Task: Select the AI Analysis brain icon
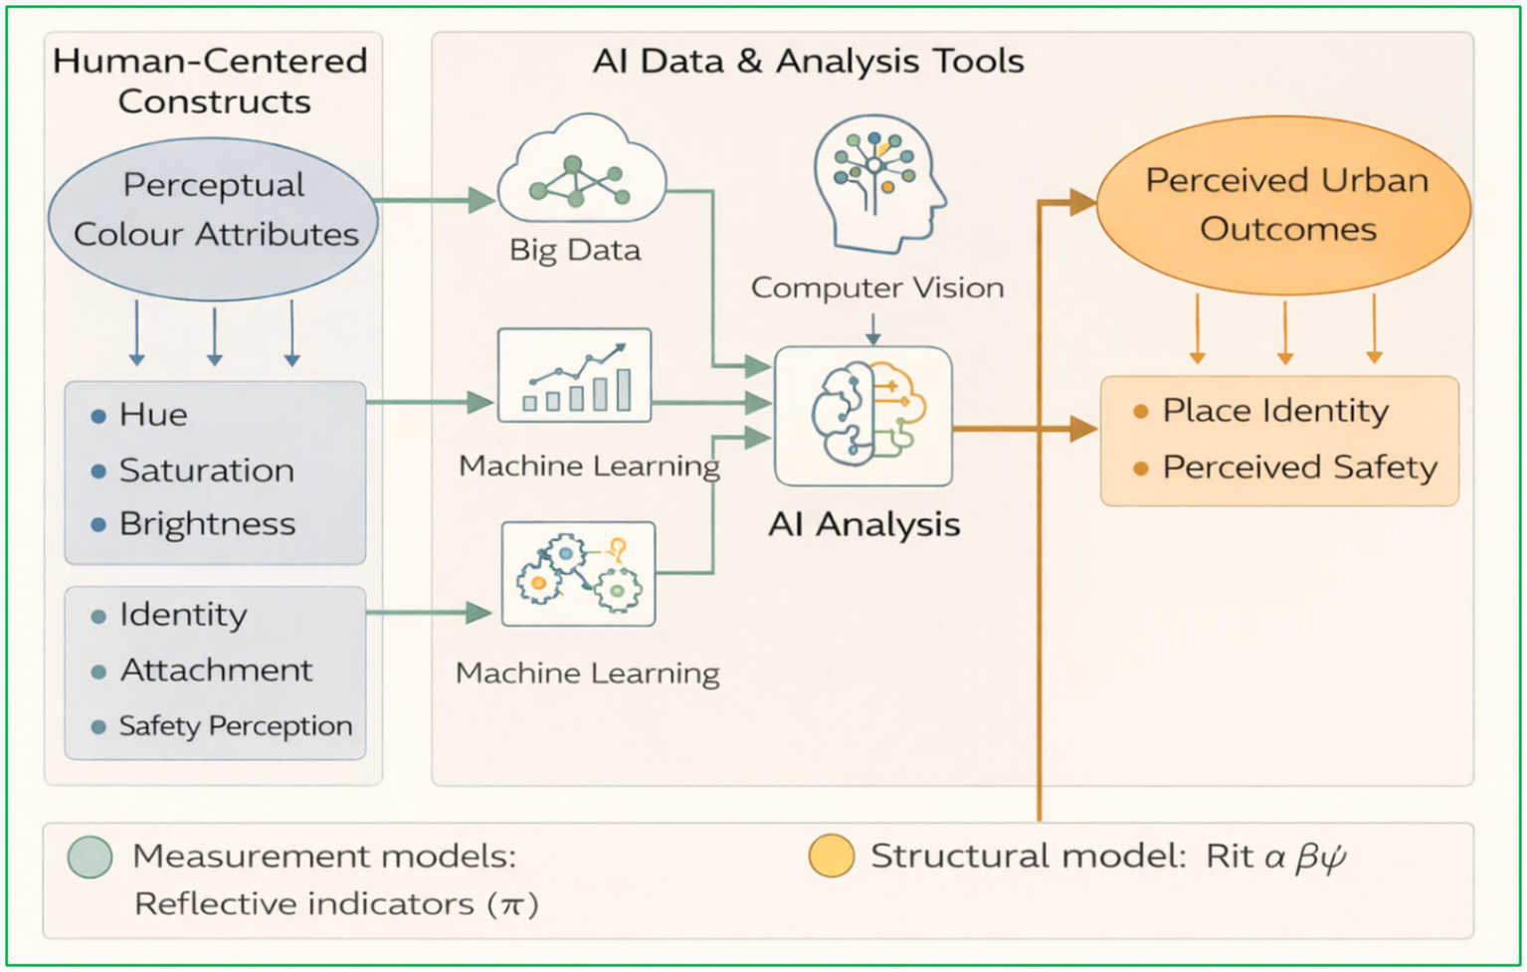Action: tap(863, 416)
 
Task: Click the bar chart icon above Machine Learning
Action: tap(575, 376)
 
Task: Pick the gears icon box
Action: tap(578, 574)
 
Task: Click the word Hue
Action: tap(153, 415)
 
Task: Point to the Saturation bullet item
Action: tap(206, 471)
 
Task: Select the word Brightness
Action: tap(207, 524)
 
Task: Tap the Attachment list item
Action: tap(216, 671)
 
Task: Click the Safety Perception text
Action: tap(235, 726)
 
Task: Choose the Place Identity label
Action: tap(1274, 411)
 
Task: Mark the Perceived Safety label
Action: tap(1299, 468)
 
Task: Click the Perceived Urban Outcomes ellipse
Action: tap(1284, 205)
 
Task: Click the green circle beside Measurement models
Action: tap(90, 857)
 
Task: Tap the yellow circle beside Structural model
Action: tap(831, 856)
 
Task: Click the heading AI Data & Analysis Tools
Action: tap(808, 62)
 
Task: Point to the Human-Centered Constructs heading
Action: tap(211, 81)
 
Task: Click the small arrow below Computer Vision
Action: tap(872, 329)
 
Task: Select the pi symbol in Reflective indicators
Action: tap(512, 904)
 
